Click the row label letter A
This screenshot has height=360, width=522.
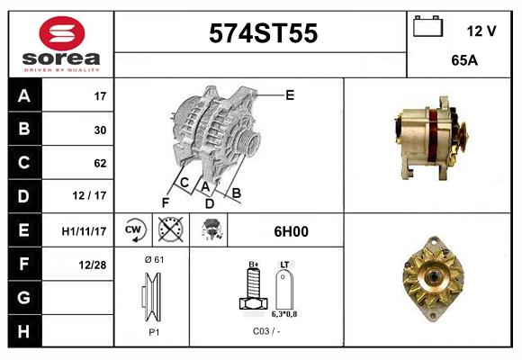pyautogui.click(x=23, y=95)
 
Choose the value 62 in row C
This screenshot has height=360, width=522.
pyautogui.click(x=100, y=164)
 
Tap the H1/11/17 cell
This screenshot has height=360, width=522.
pyautogui.click(x=85, y=231)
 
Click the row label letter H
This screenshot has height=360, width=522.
pyautogui.click(x=23, y=331)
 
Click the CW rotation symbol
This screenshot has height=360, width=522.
pyautogui.click(x=133, y=230)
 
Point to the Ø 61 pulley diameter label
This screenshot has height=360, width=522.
pyautogui.click(x=153, y=259)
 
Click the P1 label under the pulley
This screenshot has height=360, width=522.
pyautogui.click(x=153, y=332)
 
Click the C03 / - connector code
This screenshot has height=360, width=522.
pyautogui.click(x=265, y=332)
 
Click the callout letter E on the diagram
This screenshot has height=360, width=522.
pyautogui.click(x=290, y=94)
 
